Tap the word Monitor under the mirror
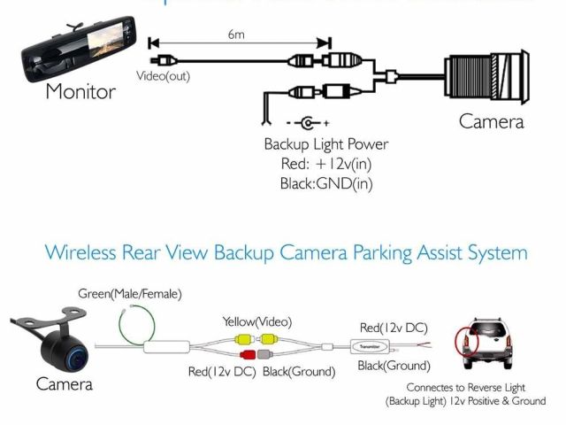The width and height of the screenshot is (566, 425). (80, 92)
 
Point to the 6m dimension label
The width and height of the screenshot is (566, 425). (235, 35)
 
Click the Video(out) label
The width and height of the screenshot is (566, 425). (163, 76)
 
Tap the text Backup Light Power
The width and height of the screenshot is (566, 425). (325, 144)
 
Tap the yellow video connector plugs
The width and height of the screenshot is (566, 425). (257, 339)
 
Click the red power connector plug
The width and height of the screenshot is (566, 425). (244, 355)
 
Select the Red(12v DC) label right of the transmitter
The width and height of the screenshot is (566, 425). (394, 326)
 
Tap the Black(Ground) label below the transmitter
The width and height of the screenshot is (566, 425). (394, 366)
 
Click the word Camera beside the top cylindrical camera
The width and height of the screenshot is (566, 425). (491, 122)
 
